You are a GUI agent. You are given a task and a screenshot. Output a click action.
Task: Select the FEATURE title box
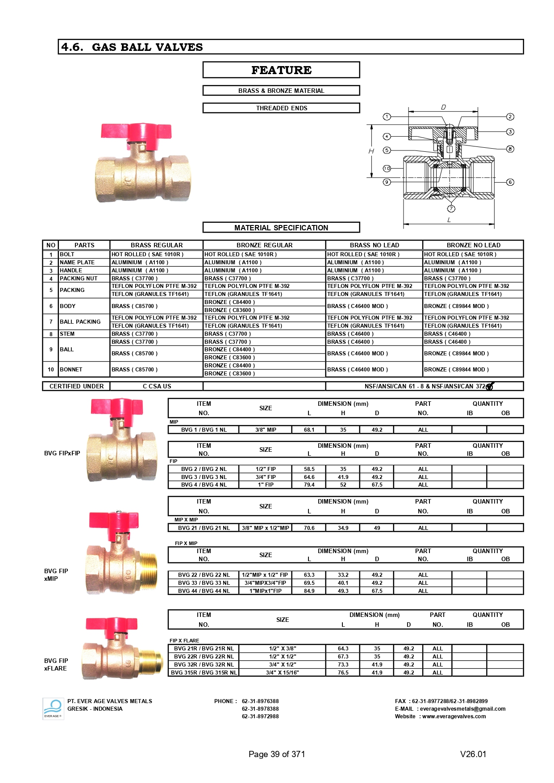tap(281, 70)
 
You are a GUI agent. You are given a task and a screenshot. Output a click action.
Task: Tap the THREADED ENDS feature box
tap(281, 108)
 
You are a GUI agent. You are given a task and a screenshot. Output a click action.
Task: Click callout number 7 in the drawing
tap(451, 208)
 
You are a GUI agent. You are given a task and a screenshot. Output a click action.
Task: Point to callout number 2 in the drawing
tap(510, 117)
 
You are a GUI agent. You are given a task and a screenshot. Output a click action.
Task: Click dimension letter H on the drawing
tap(371, 151)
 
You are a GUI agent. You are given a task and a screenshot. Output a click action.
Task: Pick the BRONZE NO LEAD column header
tap(473, 245)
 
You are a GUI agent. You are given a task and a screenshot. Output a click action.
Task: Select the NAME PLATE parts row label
tap(77, 262)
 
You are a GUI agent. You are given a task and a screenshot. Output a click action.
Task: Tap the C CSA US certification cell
tap(157, 386)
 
